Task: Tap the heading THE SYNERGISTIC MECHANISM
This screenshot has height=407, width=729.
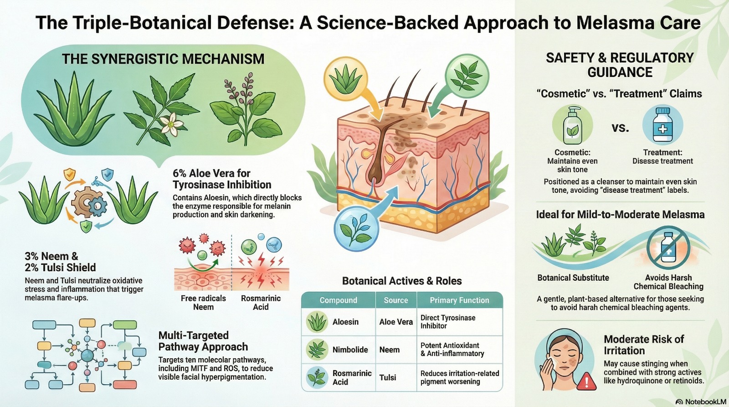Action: (x=163, y=59)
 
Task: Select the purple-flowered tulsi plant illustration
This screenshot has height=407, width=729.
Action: (x=246, y=109)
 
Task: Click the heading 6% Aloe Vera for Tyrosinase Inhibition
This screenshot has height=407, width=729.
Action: (x=222, y=179)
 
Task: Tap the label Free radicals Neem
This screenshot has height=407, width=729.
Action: (x=203, y=303)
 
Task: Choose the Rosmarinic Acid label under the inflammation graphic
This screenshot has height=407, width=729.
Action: (x=261, y=303)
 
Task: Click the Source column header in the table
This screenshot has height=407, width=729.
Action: (x=396, y=300)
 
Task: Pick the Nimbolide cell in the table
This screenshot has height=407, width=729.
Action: (x=350, y=350)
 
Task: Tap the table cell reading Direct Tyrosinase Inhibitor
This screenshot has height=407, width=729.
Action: (x=448, y=322)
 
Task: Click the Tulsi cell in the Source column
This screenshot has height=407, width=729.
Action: (x=388, y=378)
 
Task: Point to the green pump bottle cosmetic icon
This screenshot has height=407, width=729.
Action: (x=572, y=125)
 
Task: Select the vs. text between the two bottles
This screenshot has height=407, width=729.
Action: (x=620, y=128)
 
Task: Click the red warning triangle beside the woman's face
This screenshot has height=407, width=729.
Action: (x=586, y=381)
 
